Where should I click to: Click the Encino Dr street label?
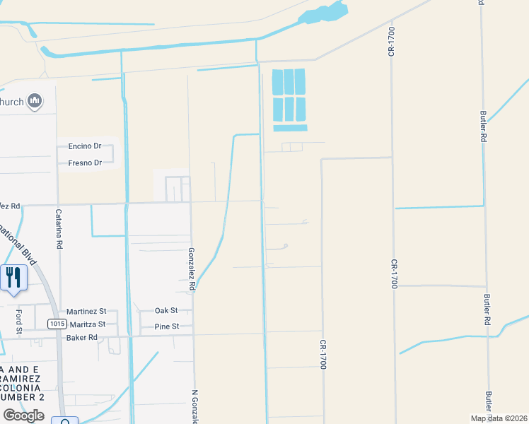point(85,146)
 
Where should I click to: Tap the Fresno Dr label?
point(85,163)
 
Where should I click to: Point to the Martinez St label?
point(86,311)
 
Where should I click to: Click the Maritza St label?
point(86,324)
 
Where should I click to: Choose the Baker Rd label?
point(81,338)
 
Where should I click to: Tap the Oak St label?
point(166,311)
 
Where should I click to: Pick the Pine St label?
point(167,326)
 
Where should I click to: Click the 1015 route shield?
point(57,324)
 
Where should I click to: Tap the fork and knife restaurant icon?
point(13,276)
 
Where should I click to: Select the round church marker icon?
point(35,102)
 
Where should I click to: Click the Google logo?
point(23,416)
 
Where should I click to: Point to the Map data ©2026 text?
point(499,418)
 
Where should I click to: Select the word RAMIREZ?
point(23,379)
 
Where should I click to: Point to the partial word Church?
point(12,102)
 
